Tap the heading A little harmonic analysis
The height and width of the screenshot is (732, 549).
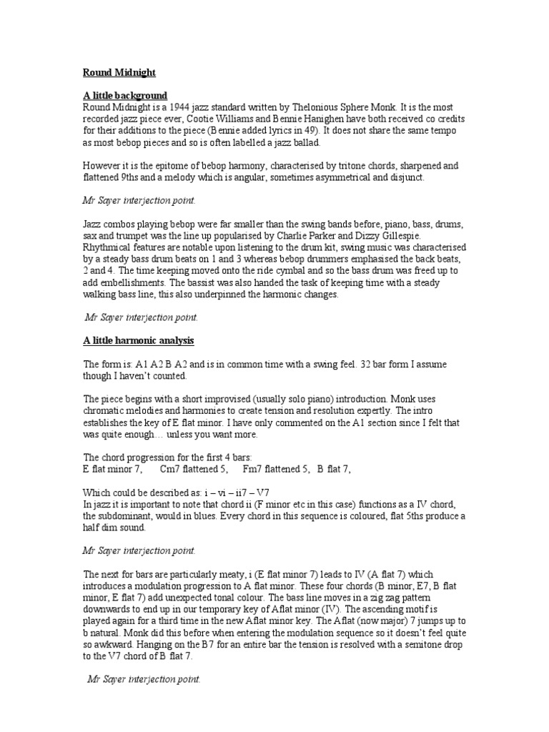point(139,340)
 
